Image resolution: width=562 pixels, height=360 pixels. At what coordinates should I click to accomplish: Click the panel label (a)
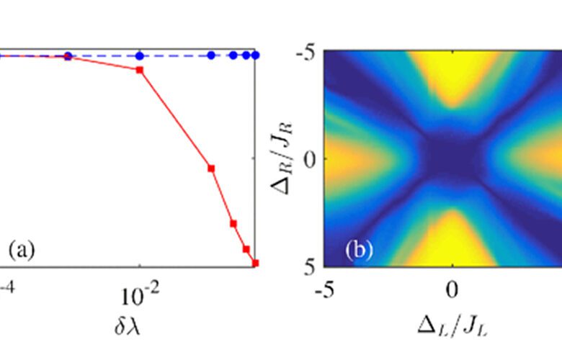point(21,251)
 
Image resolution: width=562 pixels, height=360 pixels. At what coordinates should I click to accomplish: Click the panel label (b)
point(359,251)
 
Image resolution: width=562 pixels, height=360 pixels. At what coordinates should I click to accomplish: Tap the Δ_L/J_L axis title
point(452,328)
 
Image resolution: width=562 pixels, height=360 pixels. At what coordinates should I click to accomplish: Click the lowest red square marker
point(255,263)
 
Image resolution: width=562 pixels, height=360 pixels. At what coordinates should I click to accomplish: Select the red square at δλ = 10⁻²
point(140,70)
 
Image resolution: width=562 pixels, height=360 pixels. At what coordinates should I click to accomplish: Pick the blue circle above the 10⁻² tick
point(140,55)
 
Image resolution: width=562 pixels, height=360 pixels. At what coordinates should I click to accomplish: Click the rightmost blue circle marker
point(256,55)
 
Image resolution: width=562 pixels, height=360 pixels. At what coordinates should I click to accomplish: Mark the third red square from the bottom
point(233,223)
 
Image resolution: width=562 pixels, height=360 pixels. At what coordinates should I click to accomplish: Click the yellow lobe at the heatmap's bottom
point(452,241)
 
